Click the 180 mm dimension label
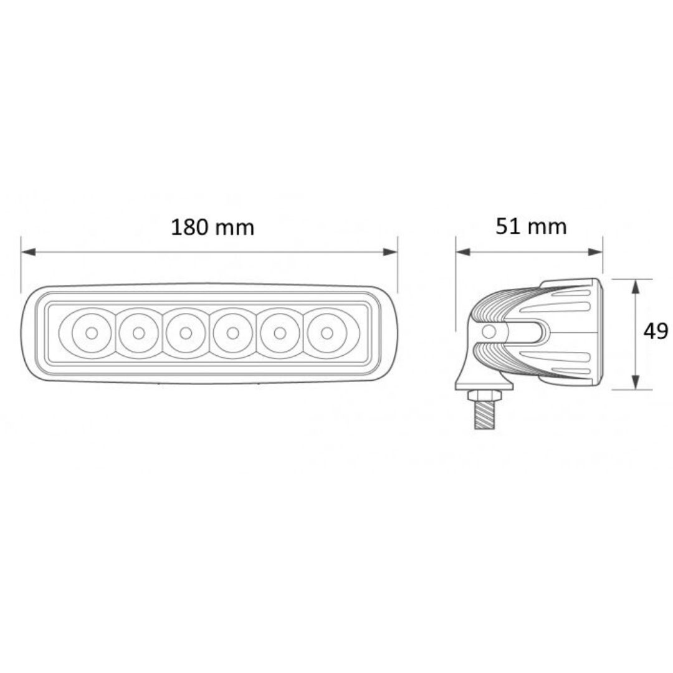point(212,227)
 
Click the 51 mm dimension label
point(531,226)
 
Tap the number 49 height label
point(655,331)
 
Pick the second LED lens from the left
point(138,332)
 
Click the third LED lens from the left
point(185,332)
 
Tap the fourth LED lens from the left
point(232,332)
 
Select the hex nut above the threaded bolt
point(485,396)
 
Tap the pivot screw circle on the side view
point(490,332)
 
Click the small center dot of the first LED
point(91,333)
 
